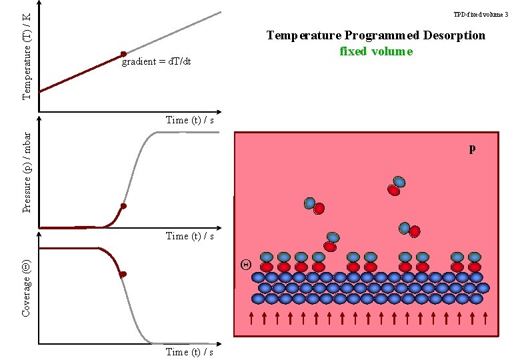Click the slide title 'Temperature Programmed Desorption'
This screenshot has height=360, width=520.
point(376,35)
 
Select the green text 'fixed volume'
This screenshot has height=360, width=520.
point(376,51)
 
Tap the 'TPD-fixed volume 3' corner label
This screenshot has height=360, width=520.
point(481,14)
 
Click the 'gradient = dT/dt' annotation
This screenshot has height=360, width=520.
point(157,62)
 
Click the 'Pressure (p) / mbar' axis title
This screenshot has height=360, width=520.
point(27,172)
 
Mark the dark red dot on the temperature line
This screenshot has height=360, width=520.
point(123,54)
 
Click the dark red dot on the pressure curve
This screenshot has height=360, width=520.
point(123,207)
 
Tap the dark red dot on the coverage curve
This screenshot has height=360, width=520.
point(123,274)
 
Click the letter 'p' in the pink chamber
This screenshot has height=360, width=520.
point(472,148)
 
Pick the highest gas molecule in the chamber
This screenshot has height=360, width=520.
point(397,186)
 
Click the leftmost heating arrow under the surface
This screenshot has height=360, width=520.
point(251,318)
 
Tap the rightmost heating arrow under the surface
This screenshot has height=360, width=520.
point(485,318)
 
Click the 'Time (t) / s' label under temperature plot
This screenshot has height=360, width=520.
point(190,120)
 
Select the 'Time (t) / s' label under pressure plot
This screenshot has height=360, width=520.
point(190,236)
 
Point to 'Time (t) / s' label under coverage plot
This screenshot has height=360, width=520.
point(190,352)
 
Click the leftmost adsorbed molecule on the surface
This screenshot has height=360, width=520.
point(267,262)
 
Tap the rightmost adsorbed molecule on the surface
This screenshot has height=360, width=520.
point(475,262)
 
